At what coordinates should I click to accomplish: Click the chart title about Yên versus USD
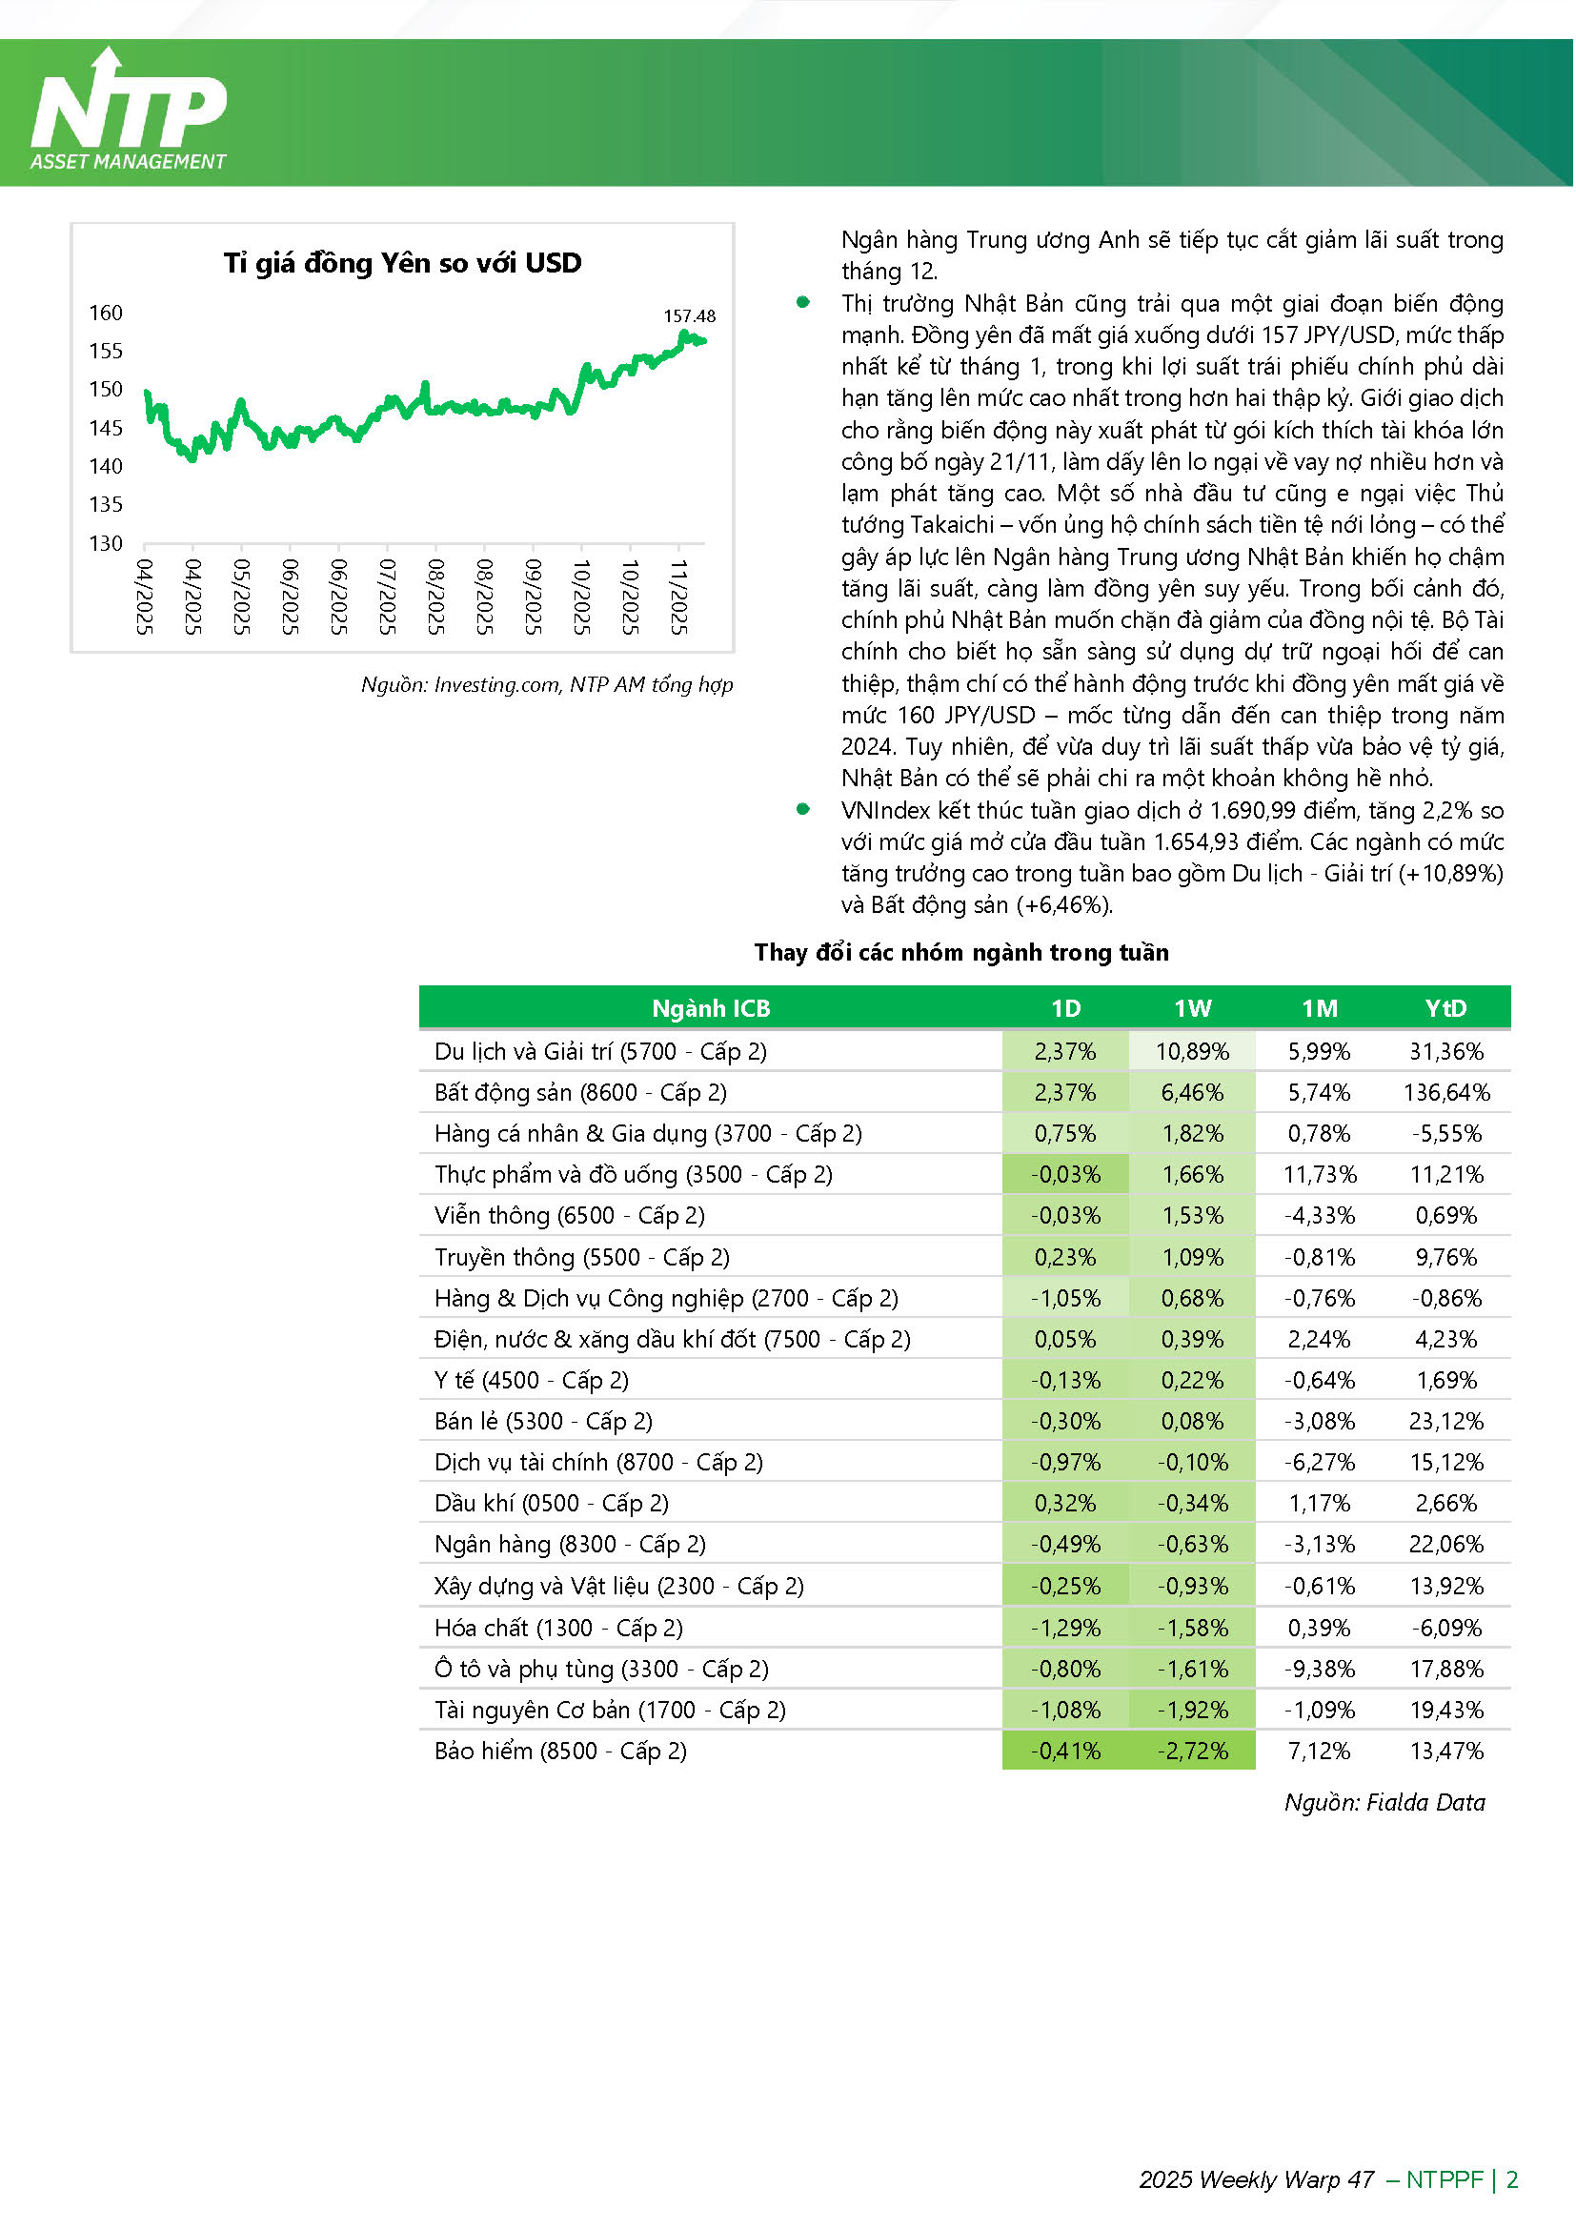point(403,263)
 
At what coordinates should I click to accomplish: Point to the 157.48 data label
point(689,315)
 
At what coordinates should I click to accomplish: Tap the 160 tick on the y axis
point(106,313)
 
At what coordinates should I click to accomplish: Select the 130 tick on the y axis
point(106,543)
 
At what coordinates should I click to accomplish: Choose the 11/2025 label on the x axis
point(679,597)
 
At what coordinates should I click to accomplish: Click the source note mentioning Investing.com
point(546,684)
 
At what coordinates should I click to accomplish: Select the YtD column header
point(1446,1008)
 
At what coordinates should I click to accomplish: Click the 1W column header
point(1192,1008)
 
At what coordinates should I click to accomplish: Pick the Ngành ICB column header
point(711,1008)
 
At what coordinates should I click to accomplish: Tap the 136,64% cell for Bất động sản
point(1446,1093)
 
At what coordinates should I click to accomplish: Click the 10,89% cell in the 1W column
point(1192,1051)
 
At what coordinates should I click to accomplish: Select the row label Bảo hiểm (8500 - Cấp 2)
point(560,1751)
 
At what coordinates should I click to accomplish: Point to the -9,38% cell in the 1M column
point(1320,1669)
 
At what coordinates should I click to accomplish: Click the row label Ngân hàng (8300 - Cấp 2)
point(570,1544)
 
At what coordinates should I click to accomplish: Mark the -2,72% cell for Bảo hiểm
point(1192,1751)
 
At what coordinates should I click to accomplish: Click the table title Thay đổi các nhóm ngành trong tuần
point(960,952)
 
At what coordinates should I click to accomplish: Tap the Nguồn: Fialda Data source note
point(1384,1802)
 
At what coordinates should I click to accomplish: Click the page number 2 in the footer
point(1512,2179)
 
